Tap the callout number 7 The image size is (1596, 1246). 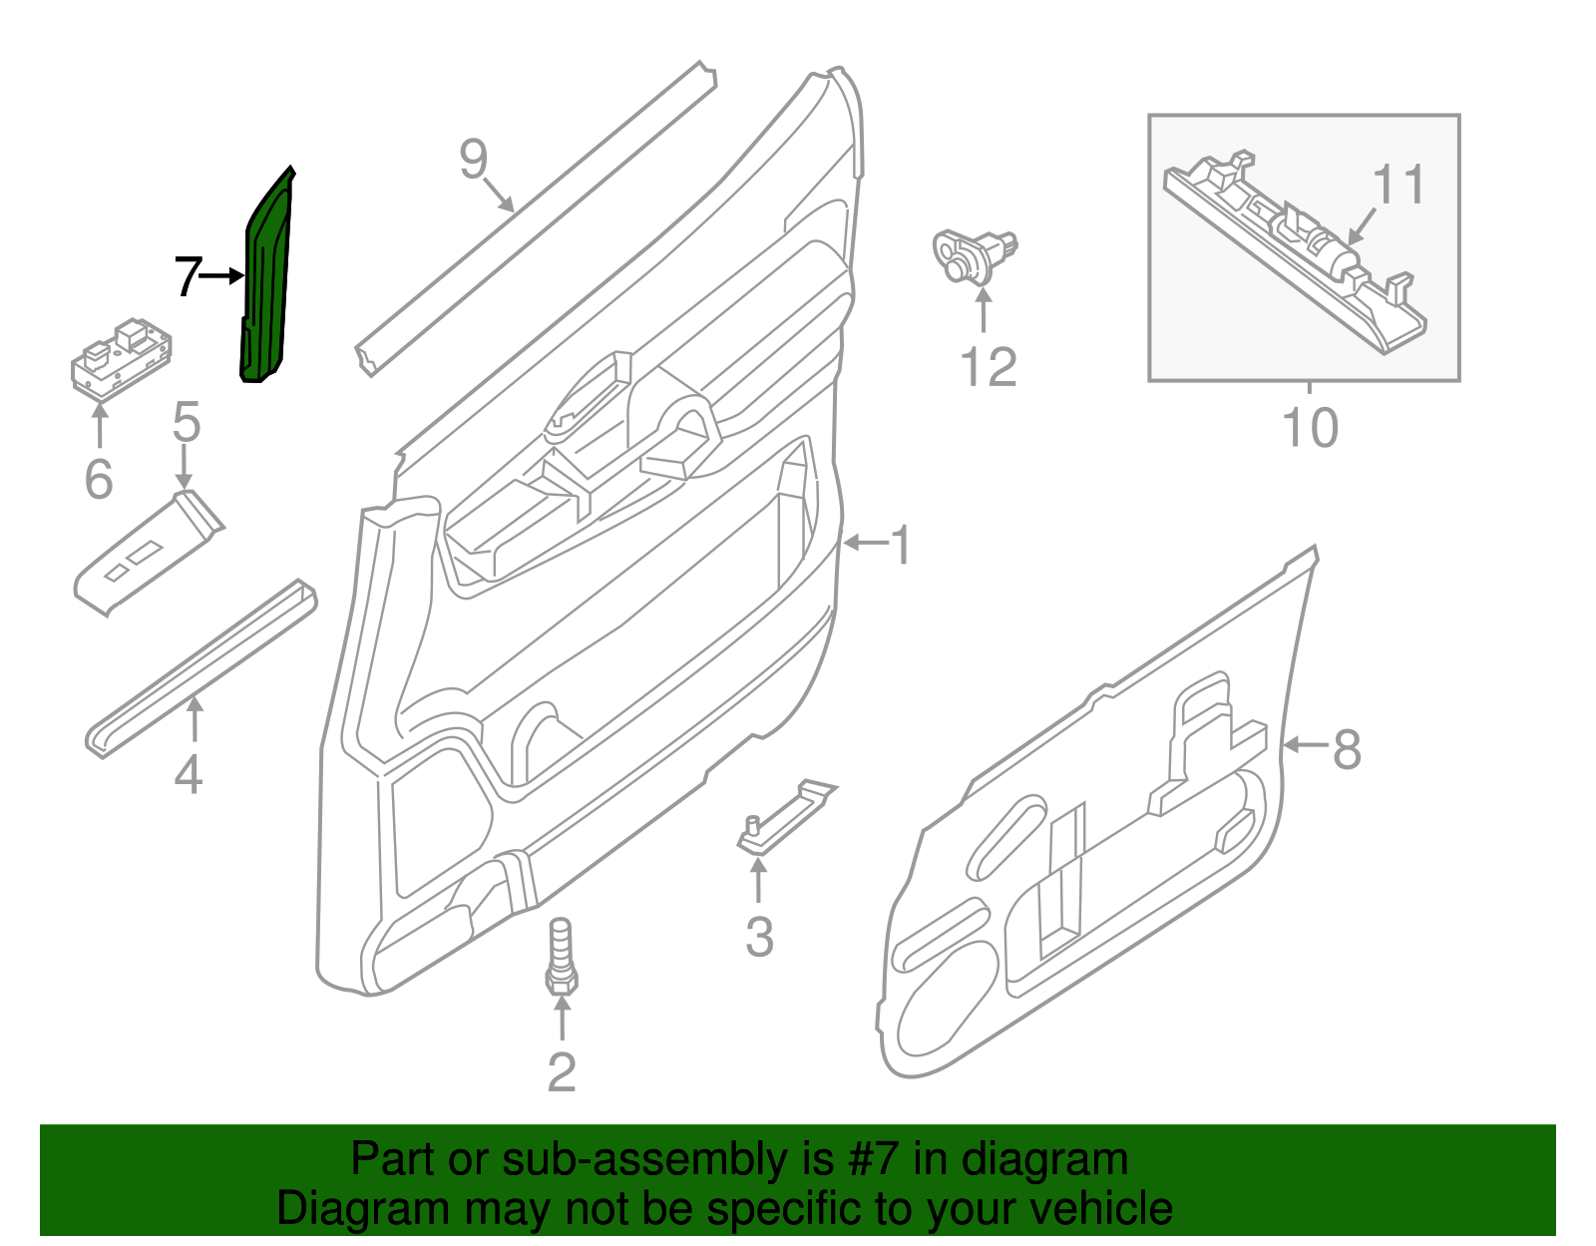tap(187, 276)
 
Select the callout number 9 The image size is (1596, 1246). tap(473, 159)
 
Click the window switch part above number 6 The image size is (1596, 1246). tap(121, 358)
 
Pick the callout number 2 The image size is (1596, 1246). tap(562, 1072)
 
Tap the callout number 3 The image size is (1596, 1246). tap(759, 938)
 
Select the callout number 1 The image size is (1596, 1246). tap(901, 546)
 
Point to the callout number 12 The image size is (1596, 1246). tap(988, 367)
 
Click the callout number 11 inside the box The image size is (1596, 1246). tap(1397, 185)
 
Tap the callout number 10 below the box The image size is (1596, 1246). tap(1310, 428)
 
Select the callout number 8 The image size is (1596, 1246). tap(1347, 748)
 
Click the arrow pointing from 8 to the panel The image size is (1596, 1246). tap(1305, 744)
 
